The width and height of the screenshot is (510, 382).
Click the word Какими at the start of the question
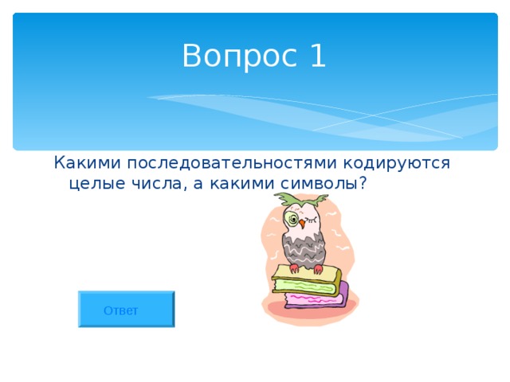pyautogui.click(x=85, y=163)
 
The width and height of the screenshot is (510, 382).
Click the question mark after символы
pyautogui.click(x=363, y=184)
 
